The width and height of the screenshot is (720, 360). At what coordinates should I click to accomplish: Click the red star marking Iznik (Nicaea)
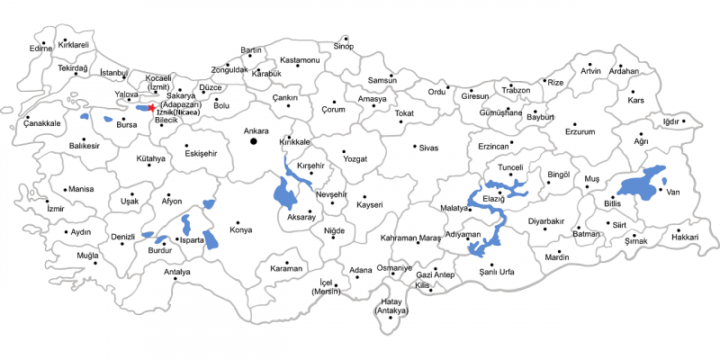pos(151,107)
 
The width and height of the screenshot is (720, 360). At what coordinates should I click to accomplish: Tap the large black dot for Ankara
pos(254,141)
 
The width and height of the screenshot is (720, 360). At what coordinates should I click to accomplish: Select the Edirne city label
pos(41,49)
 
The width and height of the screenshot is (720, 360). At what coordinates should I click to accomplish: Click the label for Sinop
pos(344,46)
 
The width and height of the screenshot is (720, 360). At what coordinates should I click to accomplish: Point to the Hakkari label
pos(685,237)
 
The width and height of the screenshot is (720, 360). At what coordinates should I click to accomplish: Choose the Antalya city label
pos(177,272)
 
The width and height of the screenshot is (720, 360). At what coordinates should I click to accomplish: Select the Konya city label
pos(241,230)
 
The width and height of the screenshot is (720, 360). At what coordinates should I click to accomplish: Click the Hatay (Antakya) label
pos(391,306)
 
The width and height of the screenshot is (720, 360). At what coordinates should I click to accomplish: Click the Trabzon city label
pos(516,91)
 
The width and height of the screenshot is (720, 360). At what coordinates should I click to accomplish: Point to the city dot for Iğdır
pos(685,121)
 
